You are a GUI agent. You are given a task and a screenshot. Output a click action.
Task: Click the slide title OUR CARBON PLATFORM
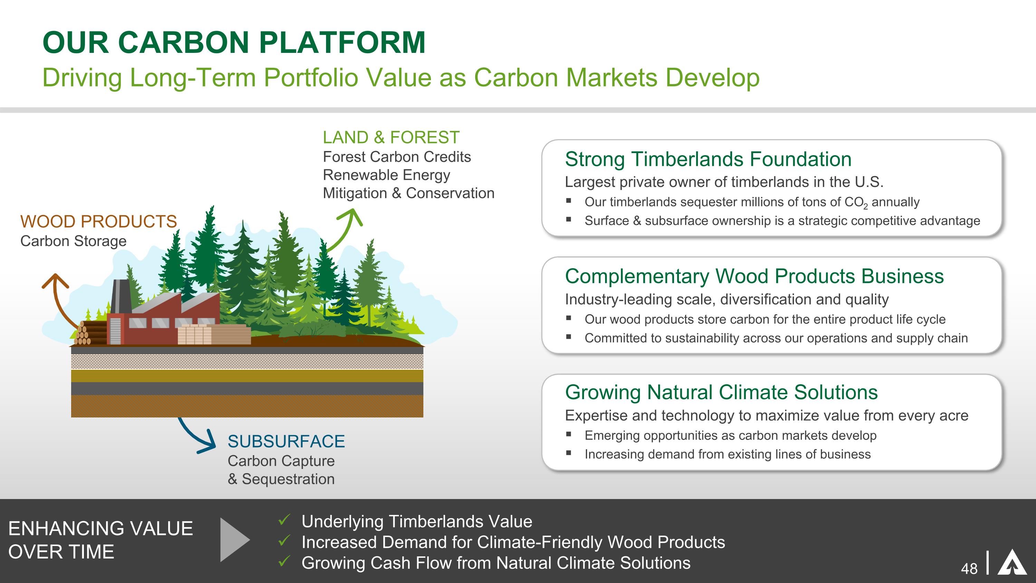tap(234, 42)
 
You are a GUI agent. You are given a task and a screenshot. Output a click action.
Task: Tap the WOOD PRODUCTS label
tap(98, 222)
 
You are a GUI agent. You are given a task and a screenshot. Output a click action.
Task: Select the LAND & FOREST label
tap(391, 138)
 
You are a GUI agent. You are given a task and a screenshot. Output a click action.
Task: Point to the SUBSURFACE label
tap(286, 441)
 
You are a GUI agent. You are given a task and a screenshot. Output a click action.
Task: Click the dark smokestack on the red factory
tap(121, 296)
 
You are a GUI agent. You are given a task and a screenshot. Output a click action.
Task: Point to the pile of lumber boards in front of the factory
tap(214, 334)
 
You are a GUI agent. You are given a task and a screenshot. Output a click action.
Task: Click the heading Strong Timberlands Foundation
tap(708, 159)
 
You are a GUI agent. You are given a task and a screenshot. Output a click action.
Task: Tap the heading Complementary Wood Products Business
tap(754, 276)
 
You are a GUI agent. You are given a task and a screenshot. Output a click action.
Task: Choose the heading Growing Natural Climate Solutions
tap(721, 392)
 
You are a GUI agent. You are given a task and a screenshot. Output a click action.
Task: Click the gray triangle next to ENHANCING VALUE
tap(235, 539)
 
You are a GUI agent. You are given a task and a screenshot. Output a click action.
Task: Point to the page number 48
tap(969, 569)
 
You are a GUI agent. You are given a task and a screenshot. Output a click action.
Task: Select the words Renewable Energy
tap(386, 175)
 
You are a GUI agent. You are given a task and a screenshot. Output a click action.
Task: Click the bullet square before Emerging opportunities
tap(568, 434)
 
